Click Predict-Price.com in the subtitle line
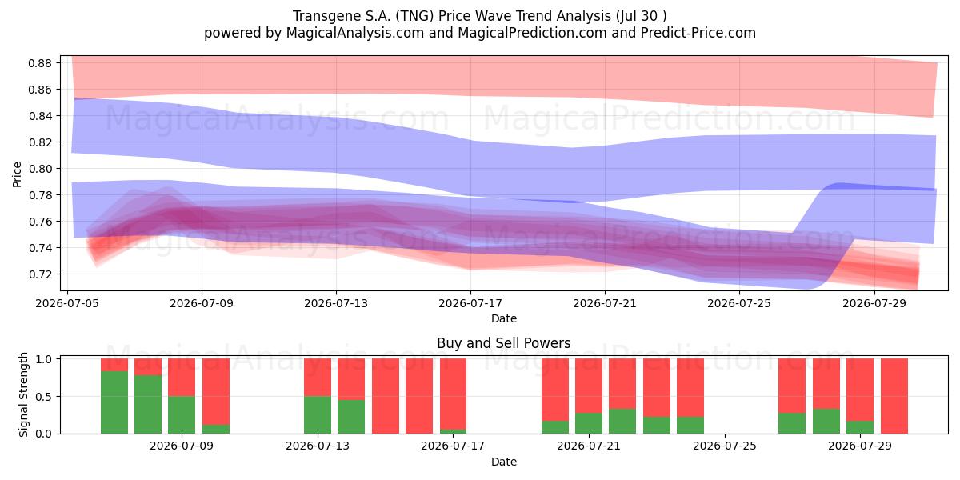698,33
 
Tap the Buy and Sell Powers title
503,343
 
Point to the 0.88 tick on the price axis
40,63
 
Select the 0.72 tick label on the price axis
40,274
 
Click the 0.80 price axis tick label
40,169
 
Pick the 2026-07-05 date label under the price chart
67,303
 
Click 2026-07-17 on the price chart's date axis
470,303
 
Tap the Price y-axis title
17,174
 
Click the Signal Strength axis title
23,394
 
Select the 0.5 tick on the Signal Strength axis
44,397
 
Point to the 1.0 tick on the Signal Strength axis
44,359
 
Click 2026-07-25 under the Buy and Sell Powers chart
725,446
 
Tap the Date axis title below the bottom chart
504,462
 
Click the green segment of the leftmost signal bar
114,402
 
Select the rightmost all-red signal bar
894,396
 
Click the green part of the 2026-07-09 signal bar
182,415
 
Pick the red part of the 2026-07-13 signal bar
318,377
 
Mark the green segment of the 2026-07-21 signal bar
589,423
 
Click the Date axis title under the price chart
504,318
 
